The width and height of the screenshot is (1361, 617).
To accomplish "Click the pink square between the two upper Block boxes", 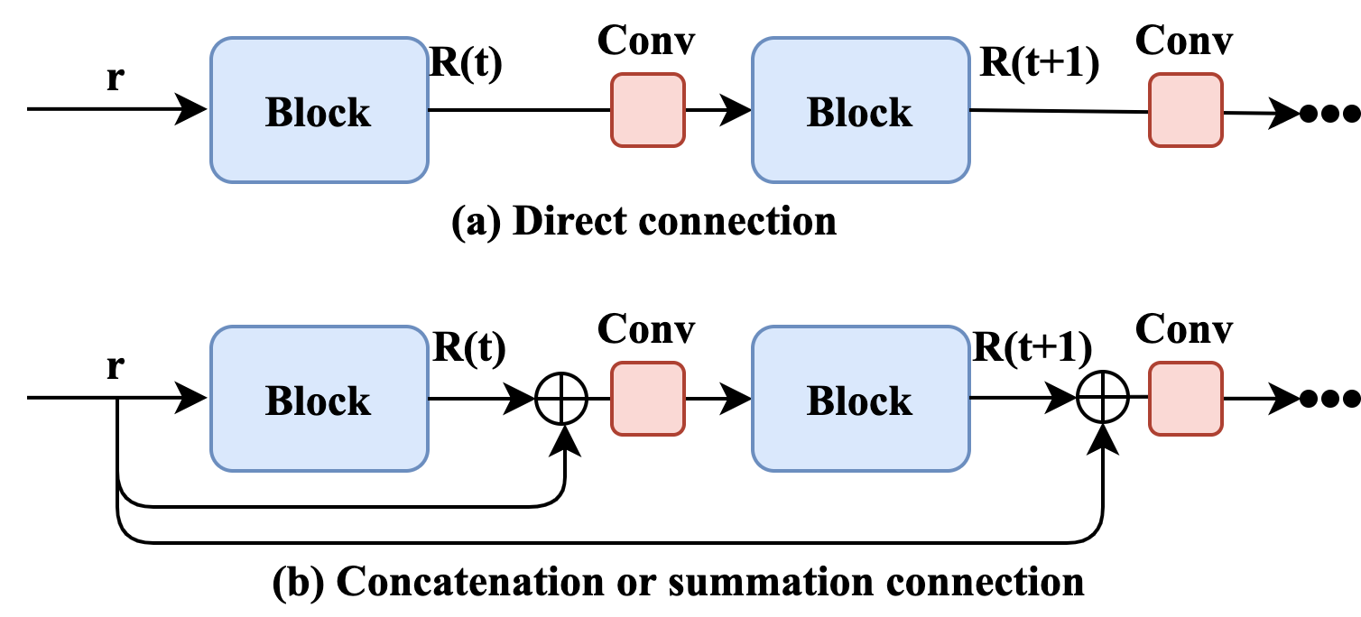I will (647, 110).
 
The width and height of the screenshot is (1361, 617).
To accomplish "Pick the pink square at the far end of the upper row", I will (1185, 110).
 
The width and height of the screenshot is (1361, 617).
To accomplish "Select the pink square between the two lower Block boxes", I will (647, 399).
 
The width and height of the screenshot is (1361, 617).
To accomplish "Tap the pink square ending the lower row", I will (1185, 399).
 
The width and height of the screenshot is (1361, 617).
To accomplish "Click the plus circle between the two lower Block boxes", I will (561, 399).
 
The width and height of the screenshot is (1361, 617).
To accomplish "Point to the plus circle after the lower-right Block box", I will (1103, 399).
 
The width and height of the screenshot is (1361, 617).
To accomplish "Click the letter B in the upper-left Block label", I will (279, 113).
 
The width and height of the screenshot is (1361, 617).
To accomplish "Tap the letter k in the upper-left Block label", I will (359, 113).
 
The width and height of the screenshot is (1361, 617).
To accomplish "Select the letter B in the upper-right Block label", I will (820, 113).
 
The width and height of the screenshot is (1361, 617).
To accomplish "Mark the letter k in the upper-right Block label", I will (901, 113).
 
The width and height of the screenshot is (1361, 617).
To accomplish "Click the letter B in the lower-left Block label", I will (279, 401).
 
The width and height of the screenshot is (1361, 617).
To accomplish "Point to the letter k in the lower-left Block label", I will (359, 401).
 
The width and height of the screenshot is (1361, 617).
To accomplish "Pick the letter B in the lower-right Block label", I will (820, 401).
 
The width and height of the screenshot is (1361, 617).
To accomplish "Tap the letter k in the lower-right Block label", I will (901, 401).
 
